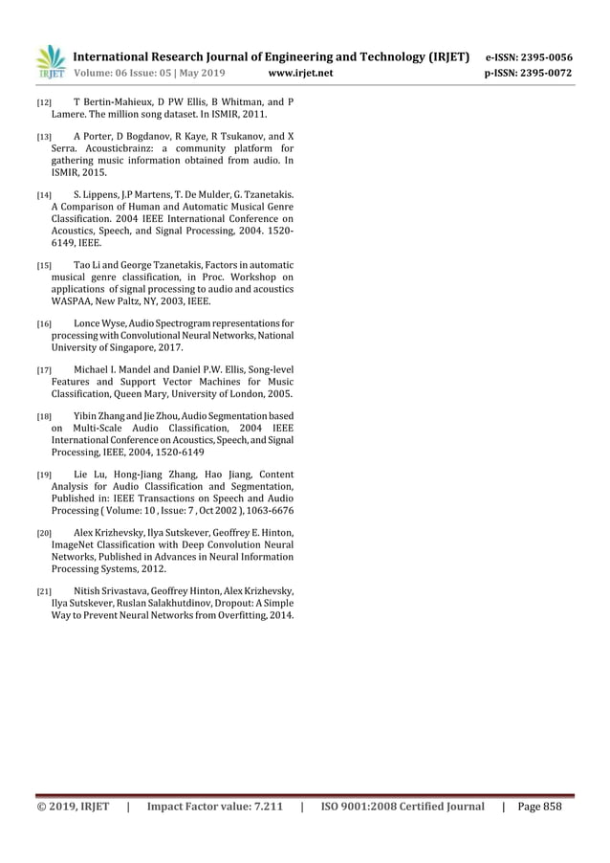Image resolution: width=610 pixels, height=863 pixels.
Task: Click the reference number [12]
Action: point(43,101)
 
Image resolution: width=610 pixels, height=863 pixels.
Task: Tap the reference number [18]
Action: point(43,417)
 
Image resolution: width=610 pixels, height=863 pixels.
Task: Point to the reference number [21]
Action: point(43,591)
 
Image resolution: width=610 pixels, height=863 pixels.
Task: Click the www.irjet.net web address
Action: point(301,72)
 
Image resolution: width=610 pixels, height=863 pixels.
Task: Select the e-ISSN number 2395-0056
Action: point(541,56)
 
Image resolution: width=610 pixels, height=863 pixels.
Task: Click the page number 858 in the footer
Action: point(549,807)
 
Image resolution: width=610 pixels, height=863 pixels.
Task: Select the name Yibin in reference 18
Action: point(86,417)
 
